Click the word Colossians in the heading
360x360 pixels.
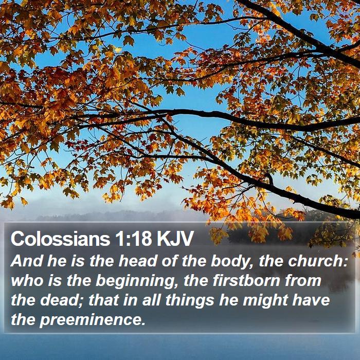tap(60, 239)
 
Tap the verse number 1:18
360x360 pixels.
tap(133, 239)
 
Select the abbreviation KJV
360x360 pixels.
tap(175, 239)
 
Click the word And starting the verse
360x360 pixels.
tap(27, 261)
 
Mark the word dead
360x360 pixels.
tap(59, 300)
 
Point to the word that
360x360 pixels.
tap(103, 300)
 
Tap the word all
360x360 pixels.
tap(151, 300)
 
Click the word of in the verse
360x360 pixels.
tap(169, 261)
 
